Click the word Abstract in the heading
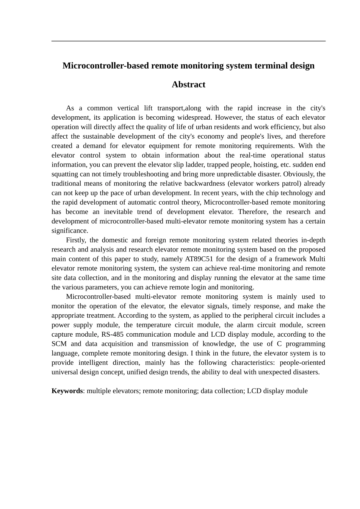pyautogui.click(x=188, y=84)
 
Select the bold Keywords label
pyautogui.click(x=67, y=391)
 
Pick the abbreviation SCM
pyautogui.click(x=59, y=344)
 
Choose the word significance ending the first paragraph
pyautogui.click(x=70, y=231)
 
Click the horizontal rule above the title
pyautogui.click(x=188, y=41)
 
